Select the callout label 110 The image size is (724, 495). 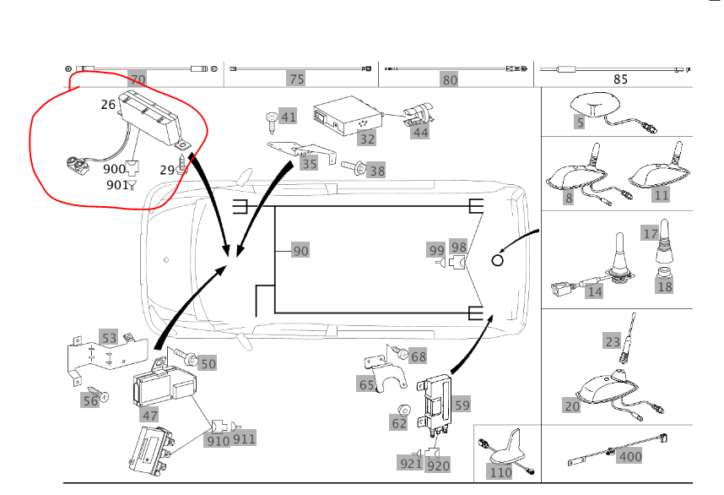[x=501, y=472]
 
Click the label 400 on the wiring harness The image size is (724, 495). [x=630, y=457]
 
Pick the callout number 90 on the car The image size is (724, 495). [x=301, y=251]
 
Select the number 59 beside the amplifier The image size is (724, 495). [x=462, y=405]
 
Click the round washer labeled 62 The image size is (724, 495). [x=397, y=421]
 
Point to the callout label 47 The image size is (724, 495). [x=149, y=415]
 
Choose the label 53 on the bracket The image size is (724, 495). [x=110, y=339]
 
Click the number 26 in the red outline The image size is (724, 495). [x=108, y=105]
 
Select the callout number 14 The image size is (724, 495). [x=595, y=292]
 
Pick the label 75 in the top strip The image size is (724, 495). [x=296, y=80]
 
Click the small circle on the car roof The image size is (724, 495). [x=497, y=261]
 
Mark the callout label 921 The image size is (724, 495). [x=411, y=463]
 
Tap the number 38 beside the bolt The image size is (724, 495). [x=376, y=171]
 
